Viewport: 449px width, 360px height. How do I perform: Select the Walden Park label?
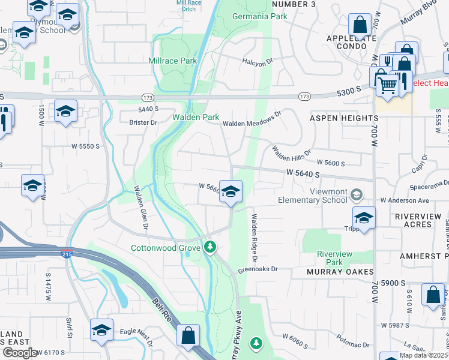(196, 117)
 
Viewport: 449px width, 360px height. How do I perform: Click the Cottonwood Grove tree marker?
(209, 247)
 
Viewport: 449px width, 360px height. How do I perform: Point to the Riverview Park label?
(330, 258)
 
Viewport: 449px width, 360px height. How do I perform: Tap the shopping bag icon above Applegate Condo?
(360, 26)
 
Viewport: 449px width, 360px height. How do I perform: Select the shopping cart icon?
(388, 86)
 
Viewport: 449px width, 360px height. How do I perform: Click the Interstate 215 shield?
(67, 254)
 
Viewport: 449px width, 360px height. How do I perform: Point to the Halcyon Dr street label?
(258, 61)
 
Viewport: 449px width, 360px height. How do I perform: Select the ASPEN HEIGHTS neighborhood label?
(344, 119)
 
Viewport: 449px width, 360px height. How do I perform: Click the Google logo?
(19, 353)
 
